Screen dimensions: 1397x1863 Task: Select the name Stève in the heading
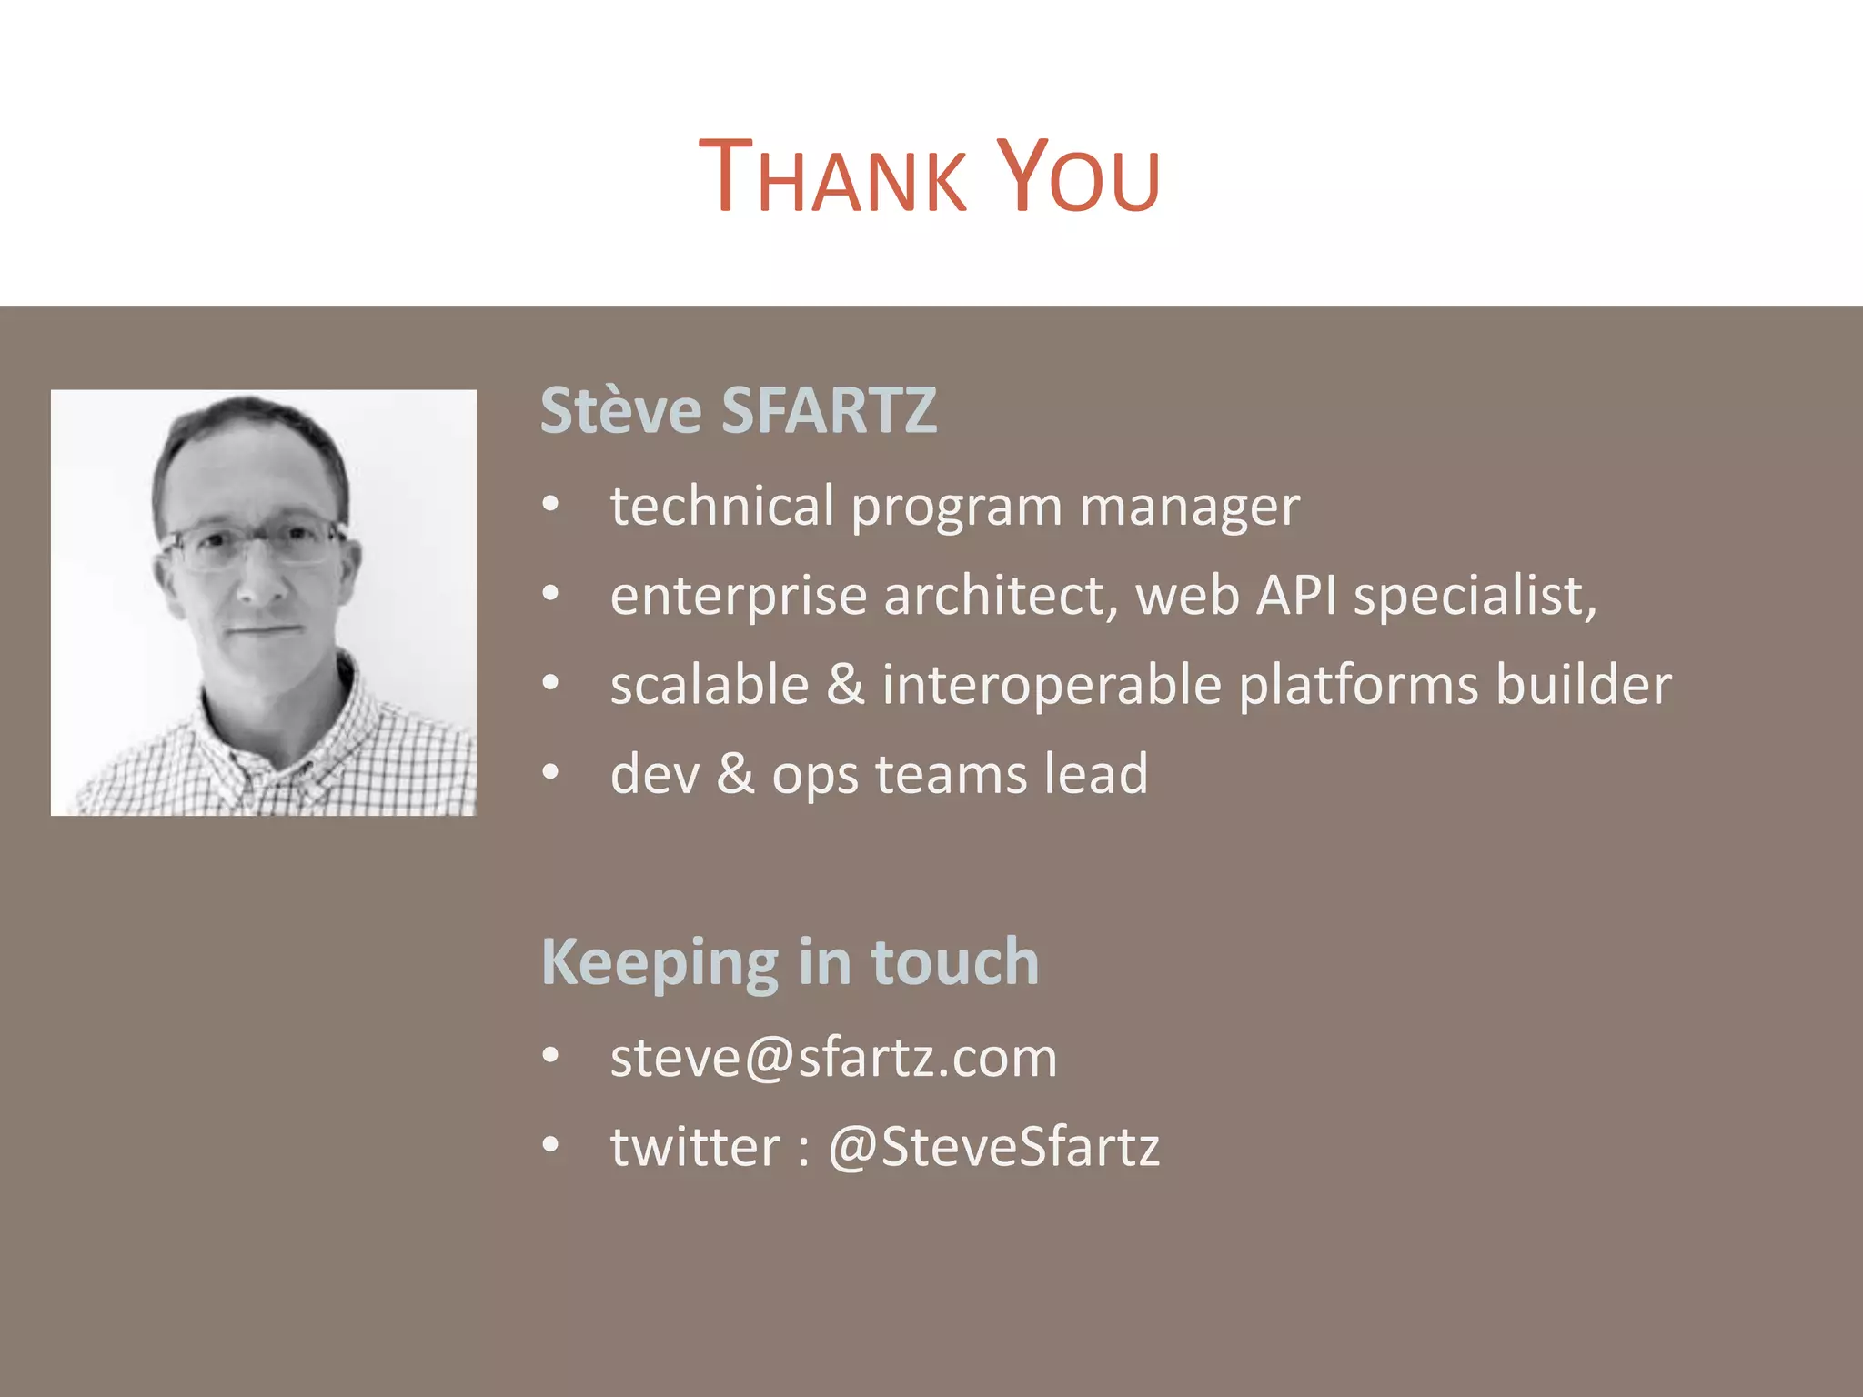(620, 410)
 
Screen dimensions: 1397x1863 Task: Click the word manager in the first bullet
(1190, 507)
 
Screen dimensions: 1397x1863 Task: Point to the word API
(1296, 596)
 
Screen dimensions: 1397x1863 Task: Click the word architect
(1000, 596)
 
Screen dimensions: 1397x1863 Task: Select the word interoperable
(1051, 684)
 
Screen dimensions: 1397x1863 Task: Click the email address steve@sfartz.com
(833, 1058)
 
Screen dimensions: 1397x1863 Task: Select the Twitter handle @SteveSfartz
(993, 1146)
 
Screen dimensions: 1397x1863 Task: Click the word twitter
(695, 1146)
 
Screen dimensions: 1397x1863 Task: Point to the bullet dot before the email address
(550, 1056)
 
